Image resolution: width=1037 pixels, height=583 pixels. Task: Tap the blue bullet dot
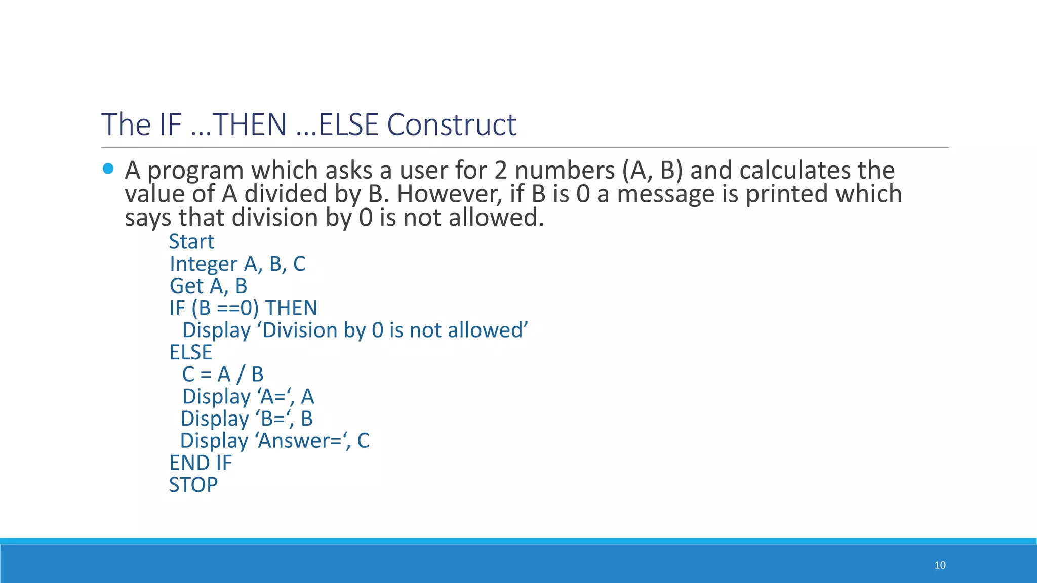click(108, 169)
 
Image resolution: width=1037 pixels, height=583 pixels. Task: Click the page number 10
click(940, 565)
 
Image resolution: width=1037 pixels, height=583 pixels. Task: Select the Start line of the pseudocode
click(191, 242)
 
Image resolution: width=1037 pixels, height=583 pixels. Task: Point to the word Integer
click(203, 264)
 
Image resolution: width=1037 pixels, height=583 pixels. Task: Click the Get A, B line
click(208, 286)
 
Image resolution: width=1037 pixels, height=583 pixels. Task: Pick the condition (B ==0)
click(225, 308)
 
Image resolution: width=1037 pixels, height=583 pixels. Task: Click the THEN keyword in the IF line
click(291, 308)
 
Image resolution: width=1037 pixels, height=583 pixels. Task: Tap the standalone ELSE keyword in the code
click(190, 352)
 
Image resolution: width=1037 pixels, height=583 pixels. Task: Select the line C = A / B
click(223, 374)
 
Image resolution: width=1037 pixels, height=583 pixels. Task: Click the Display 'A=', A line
click(248, 397)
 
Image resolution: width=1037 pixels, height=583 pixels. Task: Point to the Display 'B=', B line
click(247, 419)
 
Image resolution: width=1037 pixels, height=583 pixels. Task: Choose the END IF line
click(201, 463)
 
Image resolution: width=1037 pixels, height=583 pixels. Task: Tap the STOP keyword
click(193, 485)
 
